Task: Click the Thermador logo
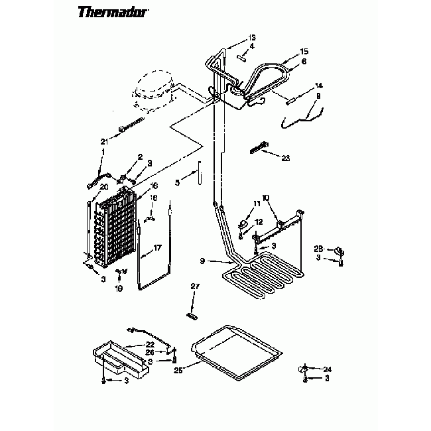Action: [113, 11]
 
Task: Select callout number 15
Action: [304, 51]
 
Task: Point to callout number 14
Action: [318, 86]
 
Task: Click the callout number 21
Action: [104, 141]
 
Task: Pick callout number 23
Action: [286, 158]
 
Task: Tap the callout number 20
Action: [103, 186]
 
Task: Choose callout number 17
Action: [157, 247]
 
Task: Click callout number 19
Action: [119, 288]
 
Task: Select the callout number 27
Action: [195, 286]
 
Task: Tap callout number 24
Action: [327, 369]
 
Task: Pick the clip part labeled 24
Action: [305, 368]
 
